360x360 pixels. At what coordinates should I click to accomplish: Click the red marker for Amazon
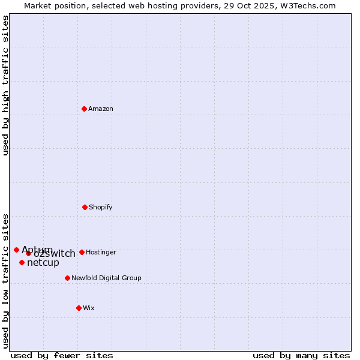click(85, 109)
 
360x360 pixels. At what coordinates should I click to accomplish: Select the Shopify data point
click(85, 207)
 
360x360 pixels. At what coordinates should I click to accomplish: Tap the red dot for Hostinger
click(82, 252)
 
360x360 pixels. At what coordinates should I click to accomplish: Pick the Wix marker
click(79, 308)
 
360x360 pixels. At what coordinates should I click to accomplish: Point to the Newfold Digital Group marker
click(67, 278)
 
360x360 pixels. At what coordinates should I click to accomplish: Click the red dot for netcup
click(22, 262)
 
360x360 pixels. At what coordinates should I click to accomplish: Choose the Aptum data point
click(16, 250)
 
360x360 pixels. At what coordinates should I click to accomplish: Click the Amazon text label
click(101, 109)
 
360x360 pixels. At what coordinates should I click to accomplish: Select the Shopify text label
click(100, 207)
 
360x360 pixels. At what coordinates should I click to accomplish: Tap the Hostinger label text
click(101, 252)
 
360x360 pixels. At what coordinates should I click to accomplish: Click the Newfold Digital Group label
click(106, 278)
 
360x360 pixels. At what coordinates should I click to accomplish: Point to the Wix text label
click(89, 308)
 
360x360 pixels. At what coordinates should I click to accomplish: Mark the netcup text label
click(43, 262)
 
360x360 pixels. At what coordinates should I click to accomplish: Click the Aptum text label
click(37, 250)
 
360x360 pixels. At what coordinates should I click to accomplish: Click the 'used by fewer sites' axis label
click(62, 355)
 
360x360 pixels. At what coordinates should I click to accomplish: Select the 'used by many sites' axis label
click(301, 355)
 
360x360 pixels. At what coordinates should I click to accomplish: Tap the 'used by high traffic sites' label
click(5, 85)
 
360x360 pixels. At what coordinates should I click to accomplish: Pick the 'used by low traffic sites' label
click(5, 281)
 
